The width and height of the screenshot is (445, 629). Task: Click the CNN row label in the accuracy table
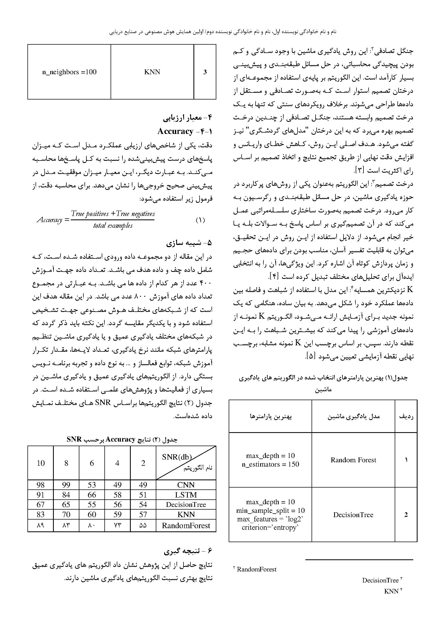click(x=186, y=485)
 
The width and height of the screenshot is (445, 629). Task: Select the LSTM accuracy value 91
click(x=41, y=495)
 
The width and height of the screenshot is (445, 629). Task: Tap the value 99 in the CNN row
click(x=66, y=485)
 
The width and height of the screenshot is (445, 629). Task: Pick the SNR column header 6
click(x=92, y=463)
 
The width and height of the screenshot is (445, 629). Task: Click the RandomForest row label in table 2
click(x=186, y=525)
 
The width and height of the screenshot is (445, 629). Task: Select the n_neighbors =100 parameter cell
click(x=69, y=72)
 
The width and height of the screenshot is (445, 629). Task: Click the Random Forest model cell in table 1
click(x=353, y=460)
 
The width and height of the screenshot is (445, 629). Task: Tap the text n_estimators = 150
click(x=270, y=464)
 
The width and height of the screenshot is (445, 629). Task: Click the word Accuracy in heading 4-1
click(x=175, y=132)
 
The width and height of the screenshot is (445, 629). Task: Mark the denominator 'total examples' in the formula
click(x=113, y=226)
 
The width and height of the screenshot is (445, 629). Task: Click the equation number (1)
click(x=200, y=220)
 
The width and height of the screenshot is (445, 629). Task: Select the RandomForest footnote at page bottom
click(x=256, y=569)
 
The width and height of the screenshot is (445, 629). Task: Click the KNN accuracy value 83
click(x=41, y=514)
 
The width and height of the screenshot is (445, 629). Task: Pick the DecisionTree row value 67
click(x=41, y=504)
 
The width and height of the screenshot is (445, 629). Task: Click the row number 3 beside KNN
click(x=205, y=72)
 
